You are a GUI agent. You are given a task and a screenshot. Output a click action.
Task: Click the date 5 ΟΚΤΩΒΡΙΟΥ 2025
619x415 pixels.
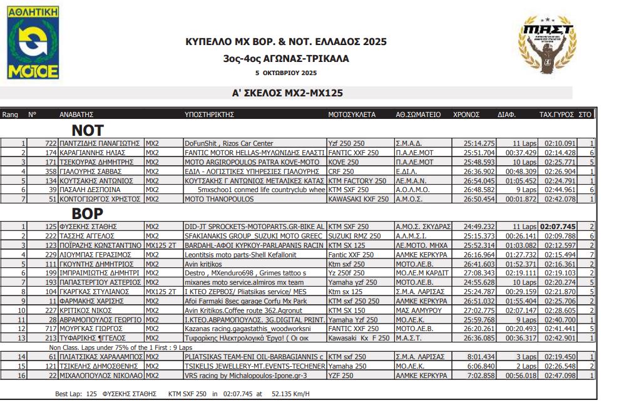[x=286, y=73]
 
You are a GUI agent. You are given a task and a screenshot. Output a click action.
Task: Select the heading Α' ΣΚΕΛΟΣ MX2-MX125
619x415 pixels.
[x=287, y=93]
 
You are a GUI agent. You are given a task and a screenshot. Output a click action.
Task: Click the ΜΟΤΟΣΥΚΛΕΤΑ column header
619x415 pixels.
[x=352, y=115]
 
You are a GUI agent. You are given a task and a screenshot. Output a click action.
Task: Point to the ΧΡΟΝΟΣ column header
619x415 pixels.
[x=466, y=115]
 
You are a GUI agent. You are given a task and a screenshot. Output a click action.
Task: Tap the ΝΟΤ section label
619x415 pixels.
[x=88, y=130]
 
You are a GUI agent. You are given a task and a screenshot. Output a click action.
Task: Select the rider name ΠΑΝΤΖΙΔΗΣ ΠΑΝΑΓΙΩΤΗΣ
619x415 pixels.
[x=101, y=143]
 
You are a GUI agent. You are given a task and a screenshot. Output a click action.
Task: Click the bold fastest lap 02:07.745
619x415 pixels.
[x=558, y=226]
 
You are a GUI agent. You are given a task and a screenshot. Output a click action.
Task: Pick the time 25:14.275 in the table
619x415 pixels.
[x=479, y=143]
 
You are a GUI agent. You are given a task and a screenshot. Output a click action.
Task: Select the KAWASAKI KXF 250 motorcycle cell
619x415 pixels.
[x=359, y=198]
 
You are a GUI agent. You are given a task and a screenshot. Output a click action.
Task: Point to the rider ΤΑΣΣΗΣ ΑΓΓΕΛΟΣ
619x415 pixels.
[x=88, y=235]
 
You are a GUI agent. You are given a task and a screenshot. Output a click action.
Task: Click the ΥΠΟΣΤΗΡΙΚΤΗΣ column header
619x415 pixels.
[x=209, y=115]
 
